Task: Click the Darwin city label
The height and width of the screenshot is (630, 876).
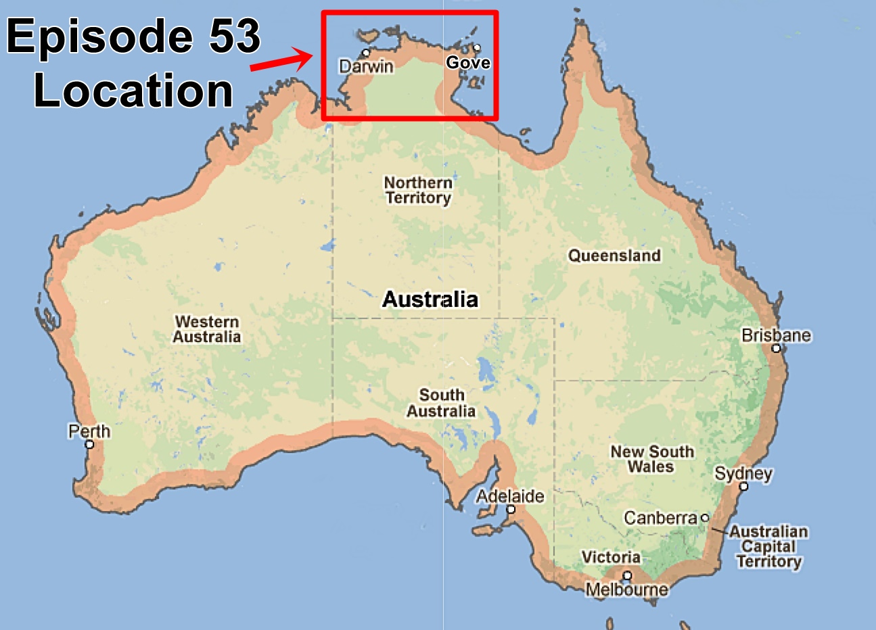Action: click(366, 66)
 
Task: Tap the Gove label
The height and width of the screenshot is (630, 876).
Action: click(468, 63)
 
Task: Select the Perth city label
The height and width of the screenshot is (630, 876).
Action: click(89, 431)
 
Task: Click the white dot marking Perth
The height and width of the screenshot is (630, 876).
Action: click(89, 444)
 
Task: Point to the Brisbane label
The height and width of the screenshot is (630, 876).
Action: click(776, 335)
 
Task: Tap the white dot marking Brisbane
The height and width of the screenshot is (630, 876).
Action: click(776, 349)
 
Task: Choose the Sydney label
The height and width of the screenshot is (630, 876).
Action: click(743, 473)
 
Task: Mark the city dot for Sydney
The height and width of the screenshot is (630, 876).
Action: click(743, 486)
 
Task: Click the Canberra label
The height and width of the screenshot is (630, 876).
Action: click(660, 518)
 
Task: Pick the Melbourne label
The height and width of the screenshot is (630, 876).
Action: click(626, 589)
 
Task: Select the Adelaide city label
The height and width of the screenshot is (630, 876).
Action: click(510, 496)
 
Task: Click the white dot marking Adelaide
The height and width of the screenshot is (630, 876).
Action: click(511, 509)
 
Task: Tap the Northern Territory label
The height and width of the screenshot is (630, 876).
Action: click(418, 190)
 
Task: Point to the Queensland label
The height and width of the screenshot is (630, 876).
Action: click(614, 256)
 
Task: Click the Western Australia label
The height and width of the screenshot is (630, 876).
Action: click(206, 329)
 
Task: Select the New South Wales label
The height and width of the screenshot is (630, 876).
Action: click(652, 459)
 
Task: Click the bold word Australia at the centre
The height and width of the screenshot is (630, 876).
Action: click(430, 299)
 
